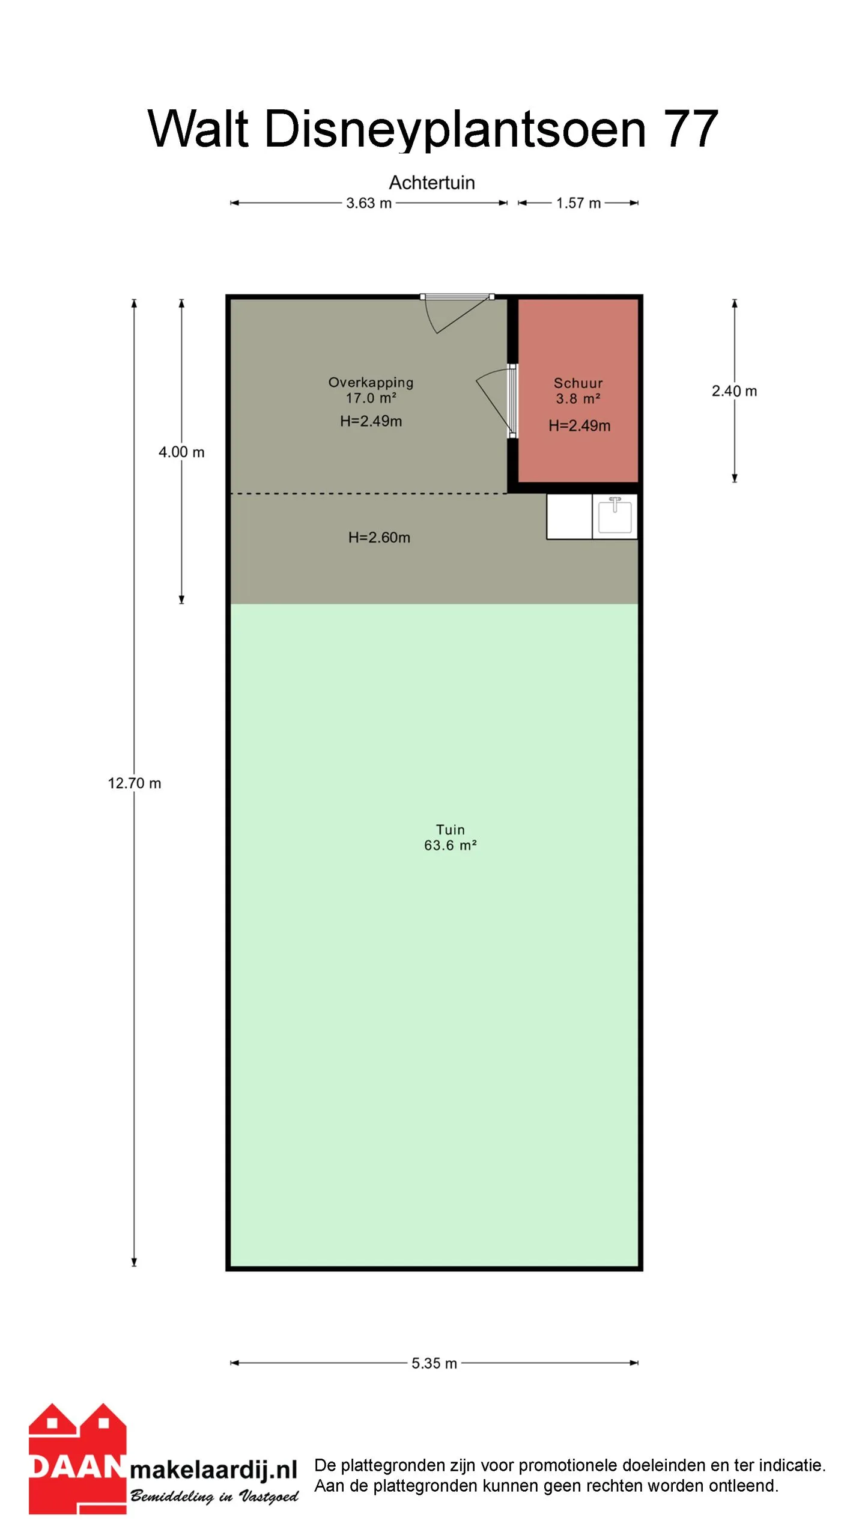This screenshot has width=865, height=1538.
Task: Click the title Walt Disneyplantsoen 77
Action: pyautogui.click(x=432, y=129)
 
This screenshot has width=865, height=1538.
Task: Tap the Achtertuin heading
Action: pyautogui.click(x=432, y=183)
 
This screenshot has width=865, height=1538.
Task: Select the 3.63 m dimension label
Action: pyautogui.click(x=369, y=203)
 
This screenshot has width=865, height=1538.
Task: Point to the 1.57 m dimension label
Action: pyautogui.click(x=578, y=203)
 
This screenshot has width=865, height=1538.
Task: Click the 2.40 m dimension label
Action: pyautogui.click(x=734, y=391)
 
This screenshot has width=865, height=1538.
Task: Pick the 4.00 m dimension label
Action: pyautogui.click(x=181, y=452)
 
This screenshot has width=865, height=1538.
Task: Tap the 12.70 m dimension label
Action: pyautogui.click(x=135, y=783)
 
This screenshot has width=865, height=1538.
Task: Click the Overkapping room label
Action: pyautogui.click(x=371, y=383)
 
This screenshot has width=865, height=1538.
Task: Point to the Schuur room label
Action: pyautogui.click(x=578, y=383)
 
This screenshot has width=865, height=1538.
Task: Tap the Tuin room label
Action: pyautogui.click(x=451, y=830)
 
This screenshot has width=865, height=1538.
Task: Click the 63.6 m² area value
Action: pyautogui.click(x=451, y=845)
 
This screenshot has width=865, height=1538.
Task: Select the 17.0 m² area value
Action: pyautogui.click(x=371, y=398)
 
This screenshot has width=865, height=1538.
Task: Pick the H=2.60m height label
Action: pyautogui.click(x=379, y=538)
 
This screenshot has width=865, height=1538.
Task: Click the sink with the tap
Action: pyautogui.click(x=615, y=517)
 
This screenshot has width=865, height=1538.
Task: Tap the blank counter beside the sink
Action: pyautogui.click(x=569, y=517)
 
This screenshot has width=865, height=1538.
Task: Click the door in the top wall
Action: pyautogui.click(x=458, y=312)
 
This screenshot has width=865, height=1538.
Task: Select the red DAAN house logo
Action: pyautogui.click(x=77, y=1458)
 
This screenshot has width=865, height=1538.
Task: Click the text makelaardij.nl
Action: pyautogui.click(x=214, y=1470)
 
